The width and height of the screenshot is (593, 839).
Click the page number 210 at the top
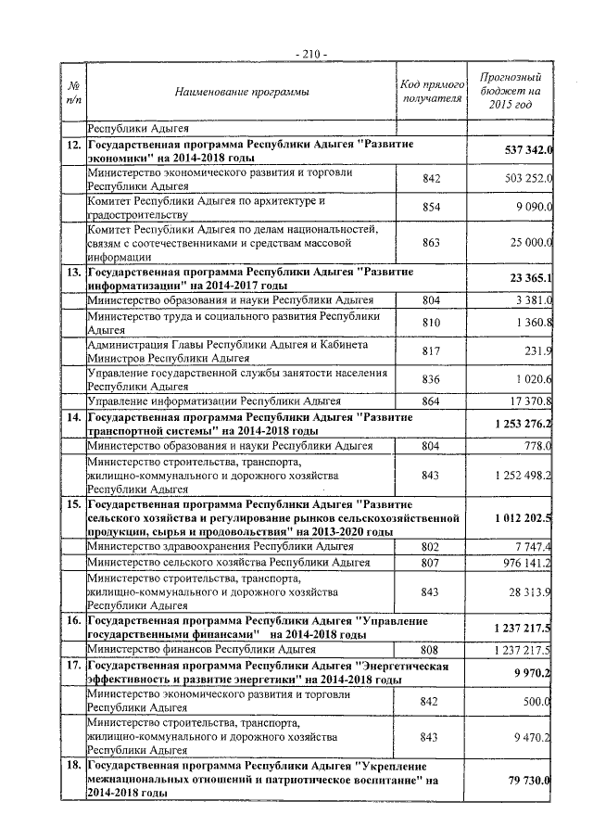309,53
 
